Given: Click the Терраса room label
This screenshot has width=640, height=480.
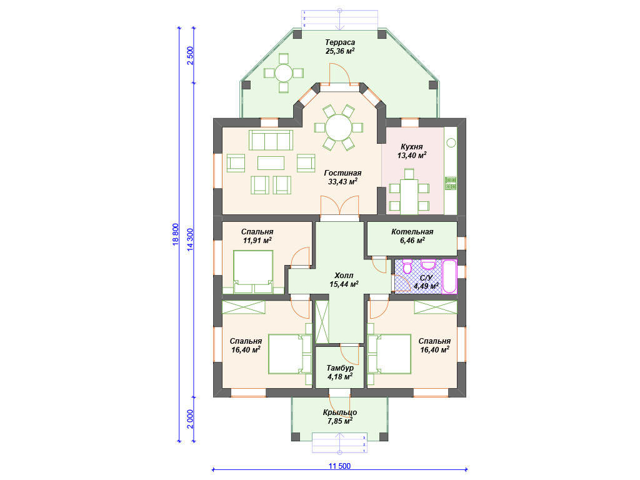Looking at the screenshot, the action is pos(340,42).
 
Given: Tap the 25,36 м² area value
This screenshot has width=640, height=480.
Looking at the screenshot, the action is pos(340,51).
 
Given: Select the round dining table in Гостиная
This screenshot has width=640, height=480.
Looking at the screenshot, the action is pos(338,127).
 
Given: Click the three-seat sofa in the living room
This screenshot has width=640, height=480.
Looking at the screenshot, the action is pos(271,140).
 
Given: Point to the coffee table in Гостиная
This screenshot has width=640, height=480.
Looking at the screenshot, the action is pos(271,163).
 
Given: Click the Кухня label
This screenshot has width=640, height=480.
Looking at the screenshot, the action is pos(412,147).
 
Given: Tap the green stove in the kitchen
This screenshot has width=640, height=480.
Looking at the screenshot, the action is pos(451,183).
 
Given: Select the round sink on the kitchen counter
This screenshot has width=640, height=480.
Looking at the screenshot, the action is pos(451,143).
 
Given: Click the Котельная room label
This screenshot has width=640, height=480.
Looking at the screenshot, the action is pos(412,232).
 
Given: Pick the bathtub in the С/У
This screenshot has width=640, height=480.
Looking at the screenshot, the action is pos(449,276).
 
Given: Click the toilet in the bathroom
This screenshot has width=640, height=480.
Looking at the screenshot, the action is pos(407,266).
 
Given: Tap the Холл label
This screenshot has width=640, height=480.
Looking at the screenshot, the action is pos(344,276).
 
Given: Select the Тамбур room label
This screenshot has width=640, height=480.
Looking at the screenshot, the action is pos(340,368).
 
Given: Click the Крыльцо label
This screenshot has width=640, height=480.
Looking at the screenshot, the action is pos(340,412).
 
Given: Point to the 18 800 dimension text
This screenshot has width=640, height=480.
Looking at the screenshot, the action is pos(176,234).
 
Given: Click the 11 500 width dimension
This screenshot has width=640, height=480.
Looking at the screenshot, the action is pos(339,466).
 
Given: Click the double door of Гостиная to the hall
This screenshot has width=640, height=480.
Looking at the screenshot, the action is pos(339,205).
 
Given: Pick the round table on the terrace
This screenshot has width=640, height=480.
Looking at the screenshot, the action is pos(283,74).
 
